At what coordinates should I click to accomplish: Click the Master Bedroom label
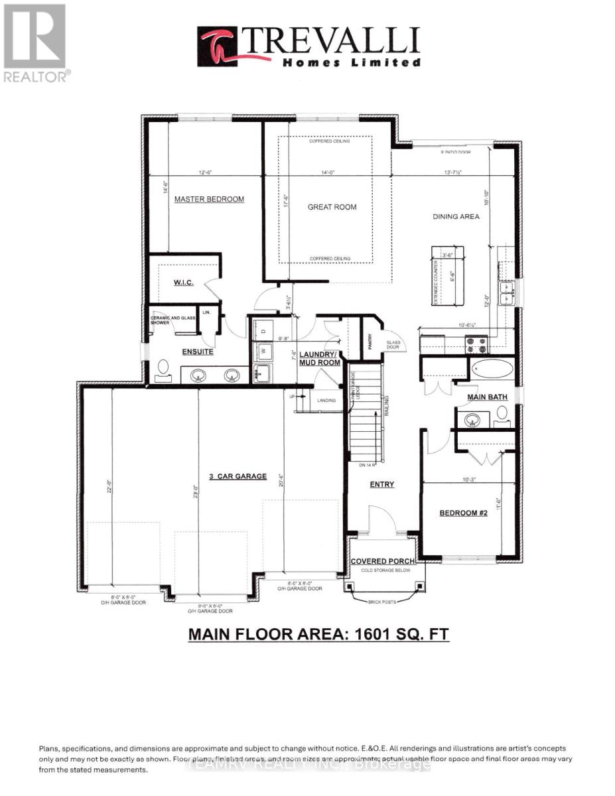pos(209,199)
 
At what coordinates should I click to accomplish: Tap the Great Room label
pos(332,207)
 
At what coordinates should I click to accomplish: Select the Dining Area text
pos(456,216)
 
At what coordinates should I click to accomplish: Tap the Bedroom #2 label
pos(464,513)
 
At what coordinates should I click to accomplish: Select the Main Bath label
pos(487,397)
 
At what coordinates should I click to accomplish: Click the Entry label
pos(381,484)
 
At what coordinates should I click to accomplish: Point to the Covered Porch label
pos(383,561)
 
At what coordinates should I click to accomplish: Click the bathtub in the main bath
pos(492,369)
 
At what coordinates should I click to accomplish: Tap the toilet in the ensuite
pos(163,369)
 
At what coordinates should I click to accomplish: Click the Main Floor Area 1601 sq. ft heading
pos(318,634)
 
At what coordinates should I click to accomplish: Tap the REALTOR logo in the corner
pos(35,43)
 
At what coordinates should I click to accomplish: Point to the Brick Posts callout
pos(383,602)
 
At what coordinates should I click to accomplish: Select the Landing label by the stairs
pos(326,401)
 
